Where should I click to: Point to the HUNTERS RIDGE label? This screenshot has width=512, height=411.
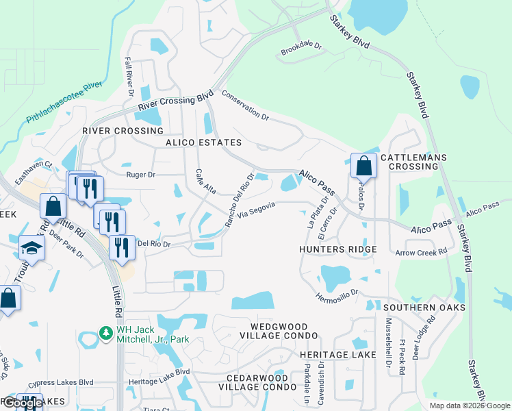(x=338, y=249)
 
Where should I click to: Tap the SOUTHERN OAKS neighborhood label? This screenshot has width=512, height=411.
(x=424, y=308)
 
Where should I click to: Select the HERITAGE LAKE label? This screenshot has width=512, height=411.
(x=338, y=355)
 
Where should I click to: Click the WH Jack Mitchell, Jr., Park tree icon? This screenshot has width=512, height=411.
(x=105, y=332)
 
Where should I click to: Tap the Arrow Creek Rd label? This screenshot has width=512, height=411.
(x=421, y=253)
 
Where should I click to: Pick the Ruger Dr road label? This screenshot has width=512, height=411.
(x=141, y=175)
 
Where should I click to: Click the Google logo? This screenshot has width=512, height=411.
(x=23, y=403)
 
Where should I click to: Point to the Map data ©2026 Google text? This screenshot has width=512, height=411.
(x=469, y=406)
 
